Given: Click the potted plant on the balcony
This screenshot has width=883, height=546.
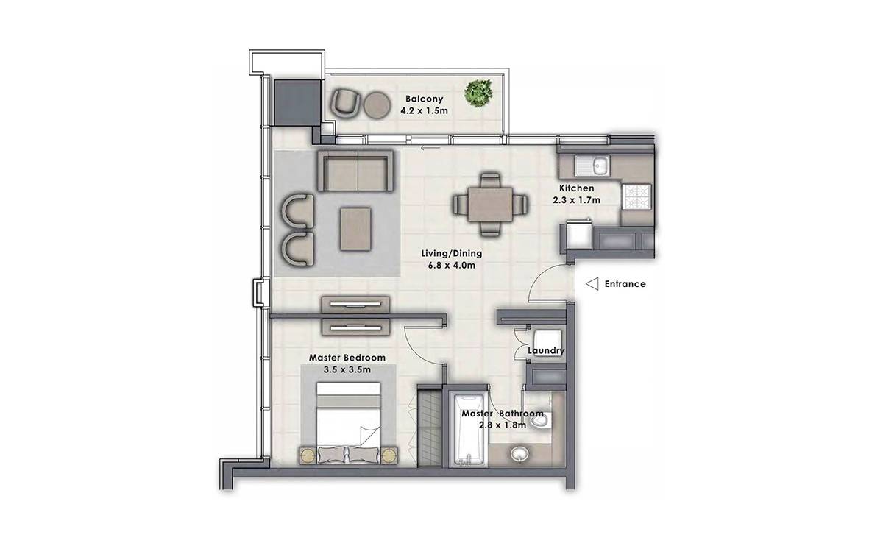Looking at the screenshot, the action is [x=478, y=93].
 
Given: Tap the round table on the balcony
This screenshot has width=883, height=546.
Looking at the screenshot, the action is [x=377, y=105].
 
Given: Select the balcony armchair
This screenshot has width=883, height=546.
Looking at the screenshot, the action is [x=345, y=103].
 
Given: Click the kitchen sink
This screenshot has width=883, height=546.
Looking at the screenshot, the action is [x=592, y=166].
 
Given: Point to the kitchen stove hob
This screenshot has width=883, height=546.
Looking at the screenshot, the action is [x=636, y=196].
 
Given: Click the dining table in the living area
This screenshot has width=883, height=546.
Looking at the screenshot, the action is [x=490, y=205].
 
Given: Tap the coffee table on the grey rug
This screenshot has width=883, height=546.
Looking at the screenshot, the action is [x=355, y=229].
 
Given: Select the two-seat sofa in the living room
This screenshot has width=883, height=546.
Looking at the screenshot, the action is [x=355, y=171].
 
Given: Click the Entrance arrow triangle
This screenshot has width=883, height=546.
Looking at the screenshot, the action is [x=592, y=284].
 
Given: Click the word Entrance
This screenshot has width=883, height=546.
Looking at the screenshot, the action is [x=625, y=284].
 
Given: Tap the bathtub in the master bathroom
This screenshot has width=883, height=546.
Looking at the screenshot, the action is [x=468, y=429].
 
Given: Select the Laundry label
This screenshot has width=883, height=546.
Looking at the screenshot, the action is [x=546, y=350].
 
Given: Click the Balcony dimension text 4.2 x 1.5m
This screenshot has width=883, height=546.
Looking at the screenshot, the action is [x=424, y=111].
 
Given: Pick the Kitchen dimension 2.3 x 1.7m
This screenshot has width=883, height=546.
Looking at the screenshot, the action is [x=577, y=200].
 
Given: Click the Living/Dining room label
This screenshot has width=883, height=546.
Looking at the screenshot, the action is [x=452, y=253].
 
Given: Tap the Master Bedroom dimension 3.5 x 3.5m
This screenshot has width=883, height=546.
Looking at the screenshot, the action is [x=347, y=370].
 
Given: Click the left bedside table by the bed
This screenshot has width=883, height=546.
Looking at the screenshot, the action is [x=308, y=455].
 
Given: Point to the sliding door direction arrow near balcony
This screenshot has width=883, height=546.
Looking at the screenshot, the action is [x=430, y=148].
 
